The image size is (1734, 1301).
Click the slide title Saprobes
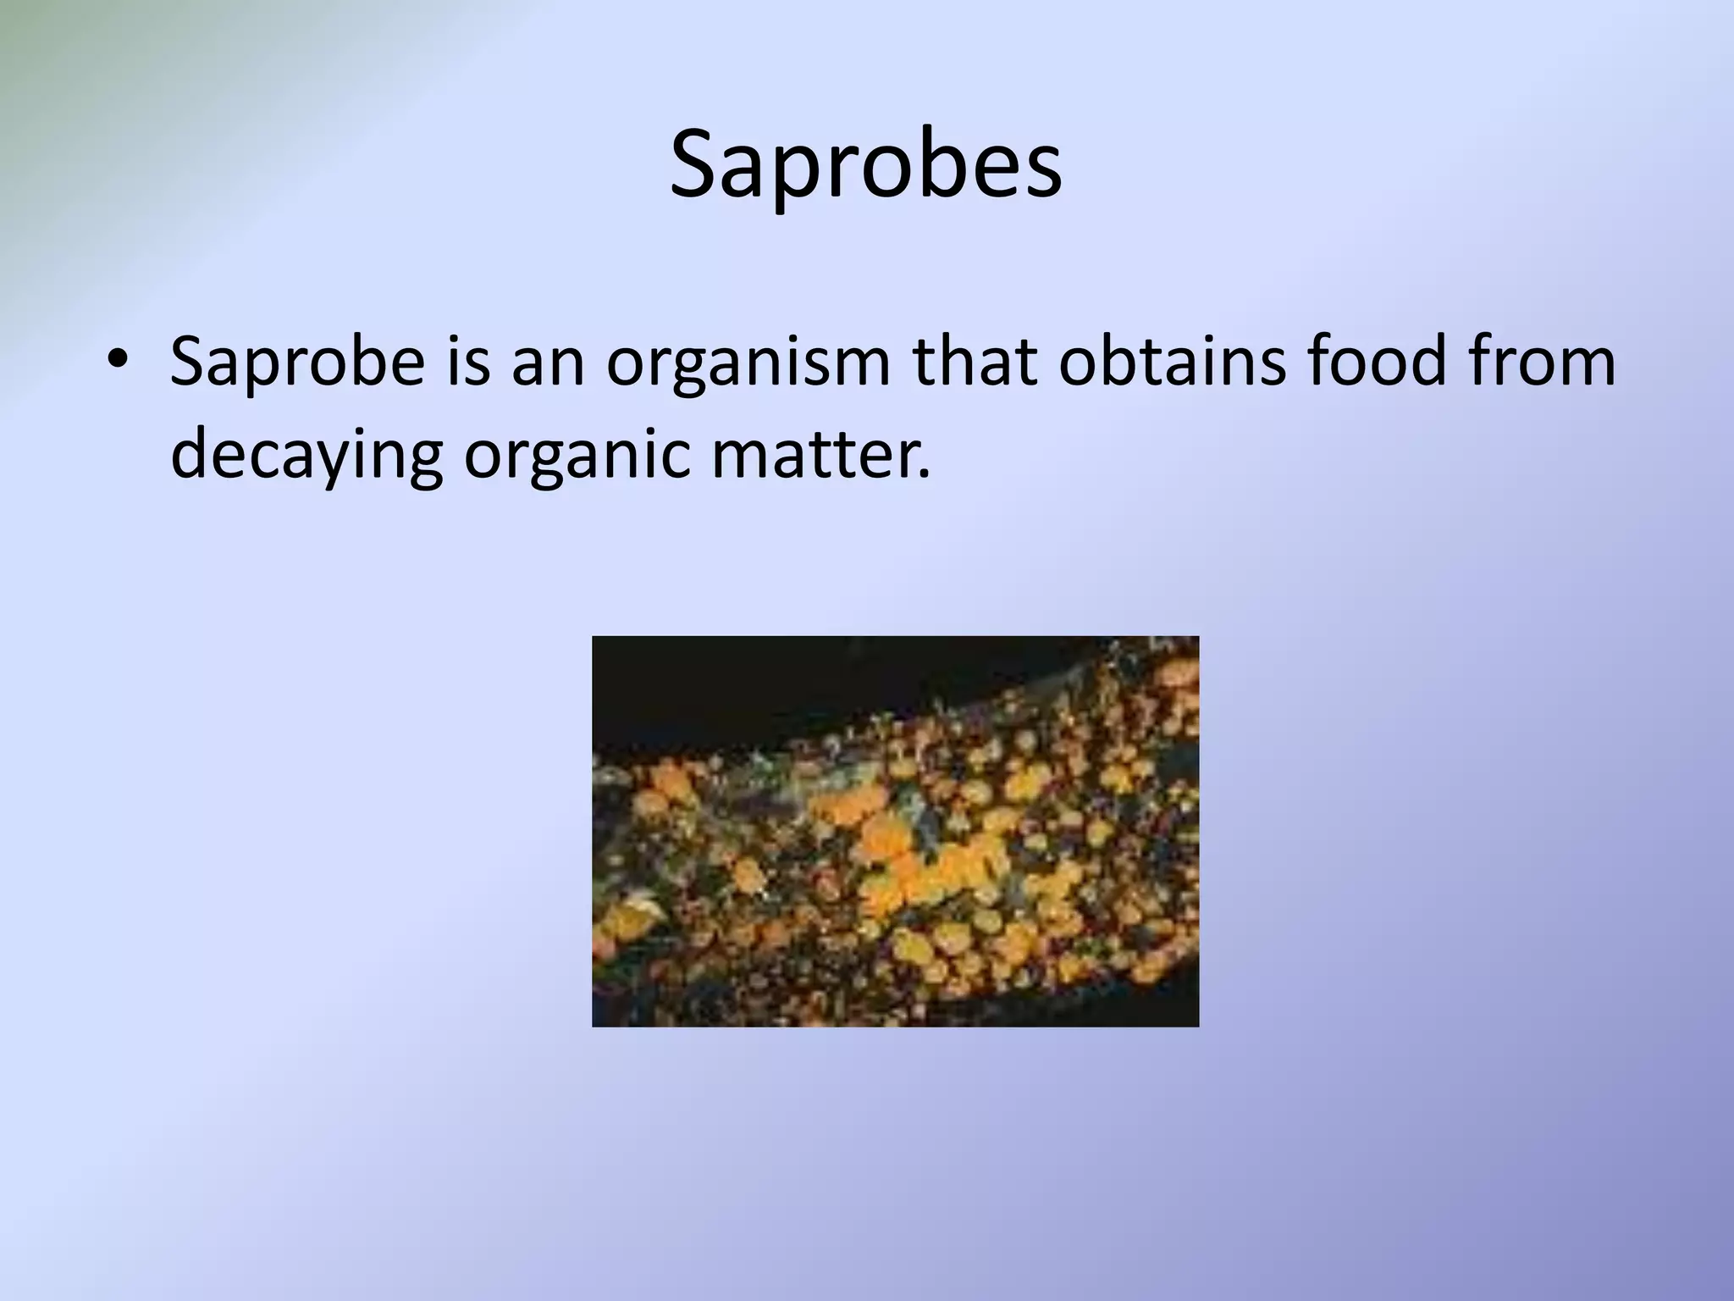pyautogui.click(x=865, y=165)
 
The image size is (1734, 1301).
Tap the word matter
pyautogui.click(x=812, y=453)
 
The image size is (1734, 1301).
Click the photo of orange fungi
pyautogui.click(x=895, y=831)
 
